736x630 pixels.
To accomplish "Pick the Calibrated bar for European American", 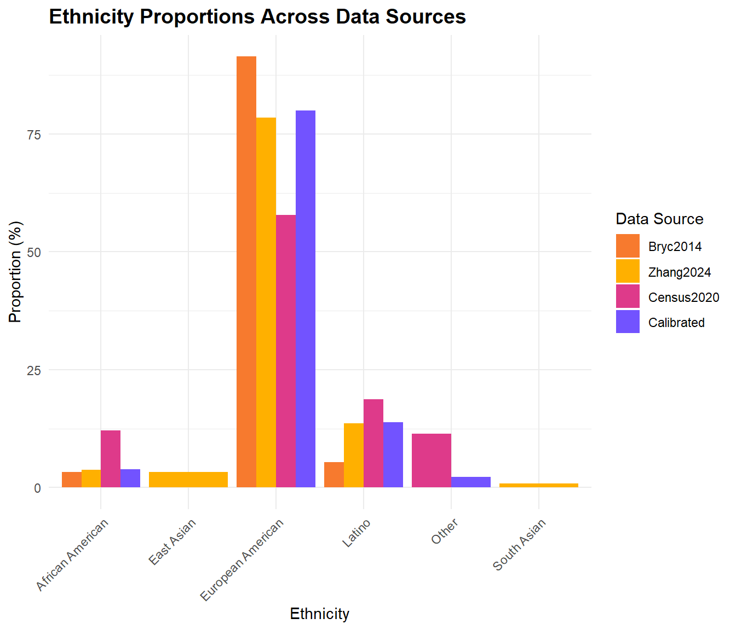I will click(x=305, y=299).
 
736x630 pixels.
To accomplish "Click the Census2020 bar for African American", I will click(x=111, y=459).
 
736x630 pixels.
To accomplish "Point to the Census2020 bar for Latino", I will click(x=373, y=443).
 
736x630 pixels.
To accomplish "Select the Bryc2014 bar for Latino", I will click(x=334, y=475).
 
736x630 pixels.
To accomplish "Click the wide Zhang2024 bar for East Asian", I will click(x=188, y=480).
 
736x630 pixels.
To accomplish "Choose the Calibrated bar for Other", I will click(x=470, y=482).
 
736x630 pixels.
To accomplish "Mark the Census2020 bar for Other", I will click(x=431, y=460).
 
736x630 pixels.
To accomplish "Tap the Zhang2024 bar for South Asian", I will click(x=538, y=485).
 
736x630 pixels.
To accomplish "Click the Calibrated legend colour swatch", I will click(x=628, y=322).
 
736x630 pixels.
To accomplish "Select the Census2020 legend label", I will click(x=683, y=297).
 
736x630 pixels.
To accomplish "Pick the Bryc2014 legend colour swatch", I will click(x=628, y=246).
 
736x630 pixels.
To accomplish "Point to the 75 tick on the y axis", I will click(x=34, y=135).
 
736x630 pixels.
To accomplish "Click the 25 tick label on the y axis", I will click(x=34, y=370).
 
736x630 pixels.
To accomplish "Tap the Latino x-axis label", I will click(x=357, y=533).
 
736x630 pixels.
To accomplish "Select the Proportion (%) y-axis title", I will click(x=15, y=272).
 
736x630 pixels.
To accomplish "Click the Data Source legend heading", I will click(x=659, y=219).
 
